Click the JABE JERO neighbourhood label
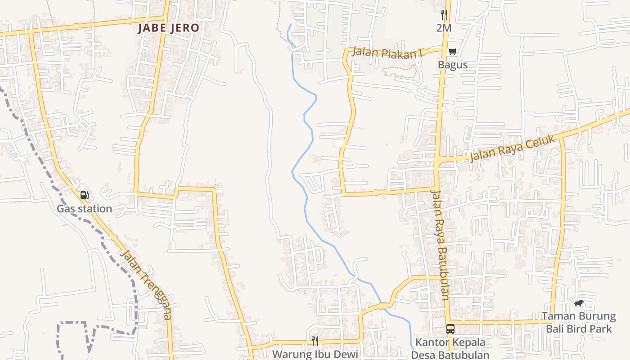[168, 28]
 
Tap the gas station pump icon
[84, 195]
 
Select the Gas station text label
[84, 209]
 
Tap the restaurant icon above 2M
[444, 15]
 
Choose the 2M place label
[444, 28]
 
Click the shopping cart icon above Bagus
[452, 51]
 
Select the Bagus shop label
[453, 65]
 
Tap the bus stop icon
[450, 329]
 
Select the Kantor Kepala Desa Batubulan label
[450, 348]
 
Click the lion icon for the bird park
[579, 303]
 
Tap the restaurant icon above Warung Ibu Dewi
[315, 341]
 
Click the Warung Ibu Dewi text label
[315, 354]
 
